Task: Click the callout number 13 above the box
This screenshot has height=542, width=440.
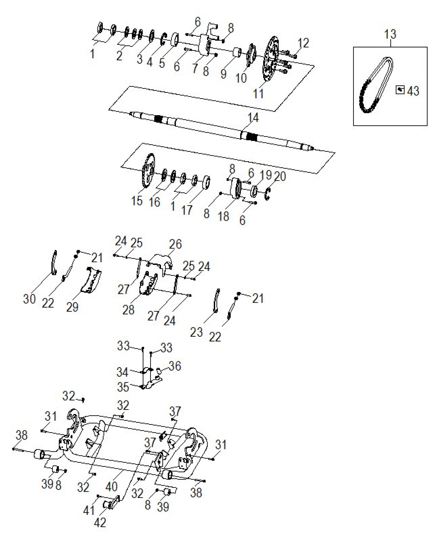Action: (390, 34)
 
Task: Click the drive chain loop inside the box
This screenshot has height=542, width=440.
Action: (376, 85)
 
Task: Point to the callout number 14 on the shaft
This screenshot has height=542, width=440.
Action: (253, 118)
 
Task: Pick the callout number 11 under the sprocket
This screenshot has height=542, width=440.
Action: (258, 94)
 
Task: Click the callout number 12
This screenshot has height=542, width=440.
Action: (303, 43)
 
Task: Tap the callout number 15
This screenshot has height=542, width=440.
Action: (137, 201)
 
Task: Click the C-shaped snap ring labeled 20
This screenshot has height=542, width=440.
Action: (268, 194)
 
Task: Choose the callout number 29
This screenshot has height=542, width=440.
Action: (72, 307)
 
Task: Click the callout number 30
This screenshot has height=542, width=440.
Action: (29, 299)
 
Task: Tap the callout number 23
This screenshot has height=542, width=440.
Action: (196, 332)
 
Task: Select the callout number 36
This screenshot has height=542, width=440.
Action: (175, 366)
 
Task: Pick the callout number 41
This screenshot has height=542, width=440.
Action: (89, 511)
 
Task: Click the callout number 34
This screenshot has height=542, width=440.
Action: (122, 372)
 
